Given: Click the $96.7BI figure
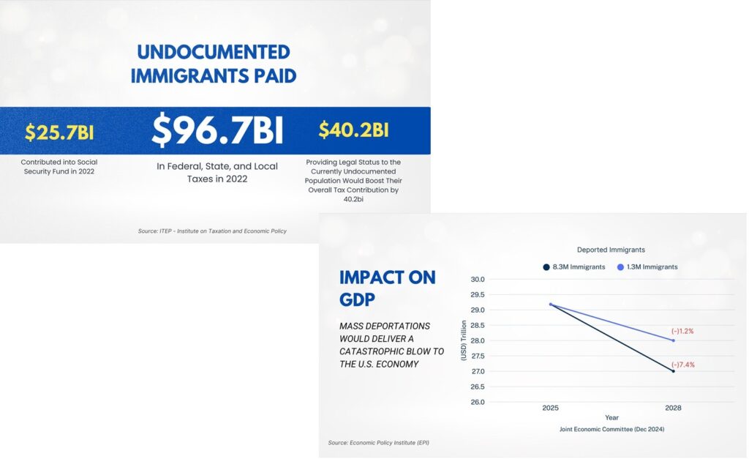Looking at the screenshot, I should coord(217,131).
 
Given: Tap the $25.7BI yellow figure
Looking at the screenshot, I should coord(59,133).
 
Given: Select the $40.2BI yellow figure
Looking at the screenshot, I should coord(353,130).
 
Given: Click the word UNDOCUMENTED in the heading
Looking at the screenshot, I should coord(214,53).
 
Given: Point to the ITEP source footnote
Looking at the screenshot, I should coord(212,231).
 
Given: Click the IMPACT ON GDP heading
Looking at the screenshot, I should coord(387,288).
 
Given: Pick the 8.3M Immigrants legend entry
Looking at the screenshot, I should coord(574,267).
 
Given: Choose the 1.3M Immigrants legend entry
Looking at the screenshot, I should coord(647,267).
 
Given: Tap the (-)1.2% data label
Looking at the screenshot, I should coord(681,331).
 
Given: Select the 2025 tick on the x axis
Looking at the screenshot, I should coord(550,407).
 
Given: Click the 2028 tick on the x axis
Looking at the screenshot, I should coord(673,407).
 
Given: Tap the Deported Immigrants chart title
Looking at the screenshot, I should coord(611,250).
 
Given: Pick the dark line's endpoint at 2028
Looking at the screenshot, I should coord(673,371).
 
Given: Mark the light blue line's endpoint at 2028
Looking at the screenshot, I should coord(673,340).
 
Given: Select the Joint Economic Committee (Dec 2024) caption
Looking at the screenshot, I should coord(611,429).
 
